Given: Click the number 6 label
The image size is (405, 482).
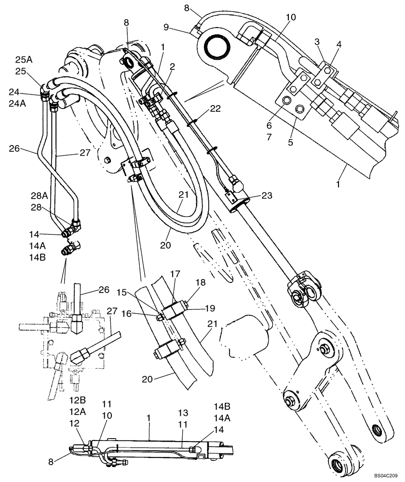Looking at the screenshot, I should click(x=269, y=125).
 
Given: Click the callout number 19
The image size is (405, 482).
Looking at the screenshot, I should click(x=210, y=308).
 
